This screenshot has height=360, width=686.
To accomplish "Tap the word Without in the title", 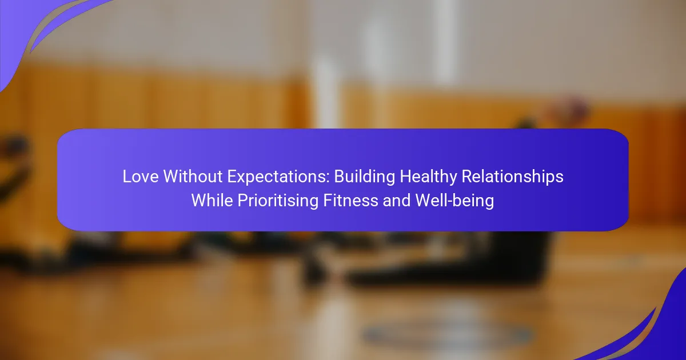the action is click(x=193, y=177).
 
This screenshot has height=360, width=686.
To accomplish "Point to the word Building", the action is click(x=365, y=177).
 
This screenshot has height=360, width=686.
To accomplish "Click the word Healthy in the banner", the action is click(x=428, y=177).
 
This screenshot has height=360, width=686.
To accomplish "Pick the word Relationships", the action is click(x=512, y=177).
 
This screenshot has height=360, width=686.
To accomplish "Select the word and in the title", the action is click(x=397, y=201).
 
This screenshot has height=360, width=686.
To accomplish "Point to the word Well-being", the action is click(x=454, y=201).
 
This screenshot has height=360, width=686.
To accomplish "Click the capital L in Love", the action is click(x=127, y=177).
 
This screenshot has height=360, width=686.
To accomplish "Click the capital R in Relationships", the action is click(x=467, y=177).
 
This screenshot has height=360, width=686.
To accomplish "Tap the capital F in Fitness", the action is click(x=328, y=201).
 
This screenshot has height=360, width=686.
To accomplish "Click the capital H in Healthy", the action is click(x=405, y=177).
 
